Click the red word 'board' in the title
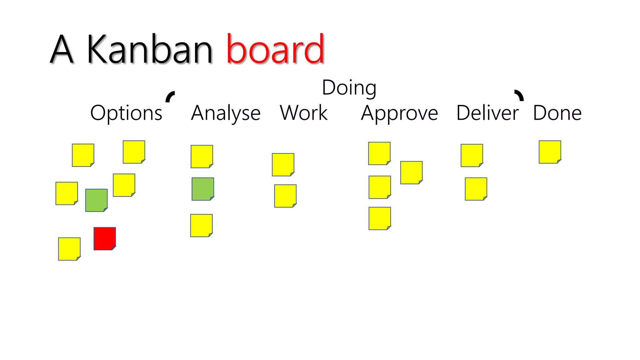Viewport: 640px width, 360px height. (275, 49)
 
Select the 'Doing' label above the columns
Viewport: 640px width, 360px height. (349, 88)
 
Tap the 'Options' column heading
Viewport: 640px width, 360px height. (126, 113)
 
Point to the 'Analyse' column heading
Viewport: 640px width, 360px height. (226, 113)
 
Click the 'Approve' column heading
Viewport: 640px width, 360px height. (399, 113)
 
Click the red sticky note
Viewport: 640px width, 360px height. (105, 238)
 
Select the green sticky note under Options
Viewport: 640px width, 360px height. (96, 200)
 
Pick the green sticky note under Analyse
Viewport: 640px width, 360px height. (203, 189)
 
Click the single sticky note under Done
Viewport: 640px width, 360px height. (550, 152)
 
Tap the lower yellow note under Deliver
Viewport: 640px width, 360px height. (476, 189)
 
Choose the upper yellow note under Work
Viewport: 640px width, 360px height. (283, 164)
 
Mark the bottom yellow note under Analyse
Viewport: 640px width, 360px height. (201, 225)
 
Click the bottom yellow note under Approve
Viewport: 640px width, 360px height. (380, 218)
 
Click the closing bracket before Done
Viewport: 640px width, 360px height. (519, 95)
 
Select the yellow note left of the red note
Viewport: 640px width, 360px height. (69, 249)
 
